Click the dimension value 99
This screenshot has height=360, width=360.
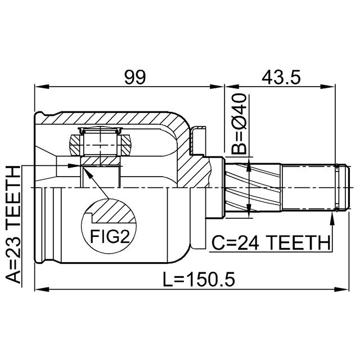coord(135,77)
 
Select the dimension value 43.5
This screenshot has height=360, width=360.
coord(281,77)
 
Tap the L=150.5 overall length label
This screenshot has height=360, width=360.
coord(199,279)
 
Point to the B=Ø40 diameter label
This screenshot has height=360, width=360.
coord(238,124)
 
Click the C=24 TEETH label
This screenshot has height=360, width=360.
coord(271,242)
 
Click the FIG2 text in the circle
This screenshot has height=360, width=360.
coord(110,236)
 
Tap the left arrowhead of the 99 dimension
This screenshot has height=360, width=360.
coord(42,87)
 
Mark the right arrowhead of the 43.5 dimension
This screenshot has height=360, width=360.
coord(327,87)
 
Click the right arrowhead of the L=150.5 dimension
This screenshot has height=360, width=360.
coord(341,289)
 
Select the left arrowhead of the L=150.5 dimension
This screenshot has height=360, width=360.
coord(42,289)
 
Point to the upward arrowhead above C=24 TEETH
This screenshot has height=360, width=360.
coord(332,219)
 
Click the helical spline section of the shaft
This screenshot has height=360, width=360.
coord(253,187)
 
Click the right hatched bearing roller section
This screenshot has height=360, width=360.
coord(125,145)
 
